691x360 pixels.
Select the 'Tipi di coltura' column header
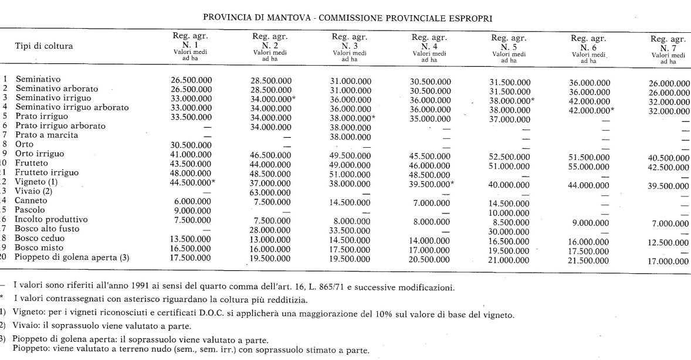pyautogui.click(x=43, y=46)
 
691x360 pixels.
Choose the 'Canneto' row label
pyautogui.click(x=32, y=201)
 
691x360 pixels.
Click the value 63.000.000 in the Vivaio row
pyautogui.click(x=271, y=191)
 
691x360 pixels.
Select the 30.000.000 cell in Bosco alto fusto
pyautogui.click(x=510, y=231)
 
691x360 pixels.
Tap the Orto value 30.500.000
pyautogui.click(x=191, y=144)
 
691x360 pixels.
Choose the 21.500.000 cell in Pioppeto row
pyautogui.click(x=589, y=259)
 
